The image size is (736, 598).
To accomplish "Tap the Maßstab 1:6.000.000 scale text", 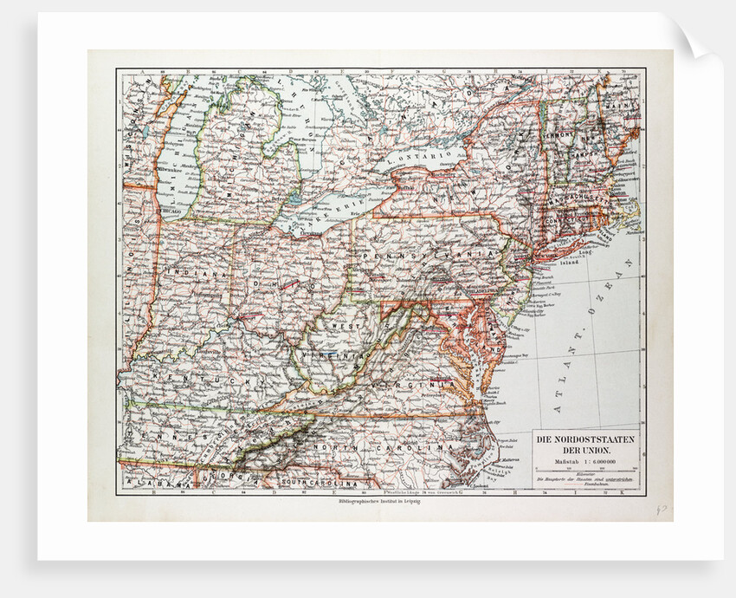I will coord(580,459).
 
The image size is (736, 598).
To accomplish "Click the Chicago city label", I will coord(171,211).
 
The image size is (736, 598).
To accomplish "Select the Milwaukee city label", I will coord(165,171).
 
